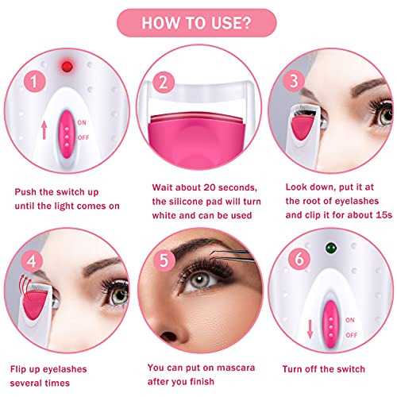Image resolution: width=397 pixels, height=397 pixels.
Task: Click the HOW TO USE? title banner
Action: click(x=198, y=22)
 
